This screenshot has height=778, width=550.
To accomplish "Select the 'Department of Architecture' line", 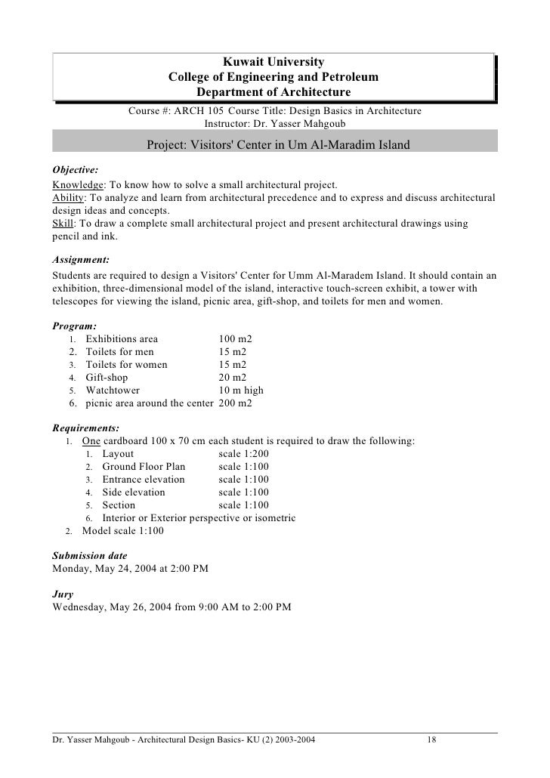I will point(273,92).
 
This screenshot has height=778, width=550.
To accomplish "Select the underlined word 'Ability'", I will point(68,198).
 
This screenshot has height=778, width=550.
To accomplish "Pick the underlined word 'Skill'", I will point(63,224).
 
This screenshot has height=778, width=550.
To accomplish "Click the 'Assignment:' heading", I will point(82,258).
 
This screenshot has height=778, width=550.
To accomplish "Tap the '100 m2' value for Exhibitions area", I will point(236,339).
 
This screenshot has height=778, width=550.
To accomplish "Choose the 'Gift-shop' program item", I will point(107,378).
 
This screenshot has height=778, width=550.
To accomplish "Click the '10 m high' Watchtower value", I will point(241,391).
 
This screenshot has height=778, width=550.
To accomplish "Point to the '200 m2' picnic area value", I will point(236,403).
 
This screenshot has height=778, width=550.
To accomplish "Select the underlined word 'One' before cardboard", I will point(91,441).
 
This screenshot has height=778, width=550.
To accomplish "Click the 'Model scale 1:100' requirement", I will point(122,531).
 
